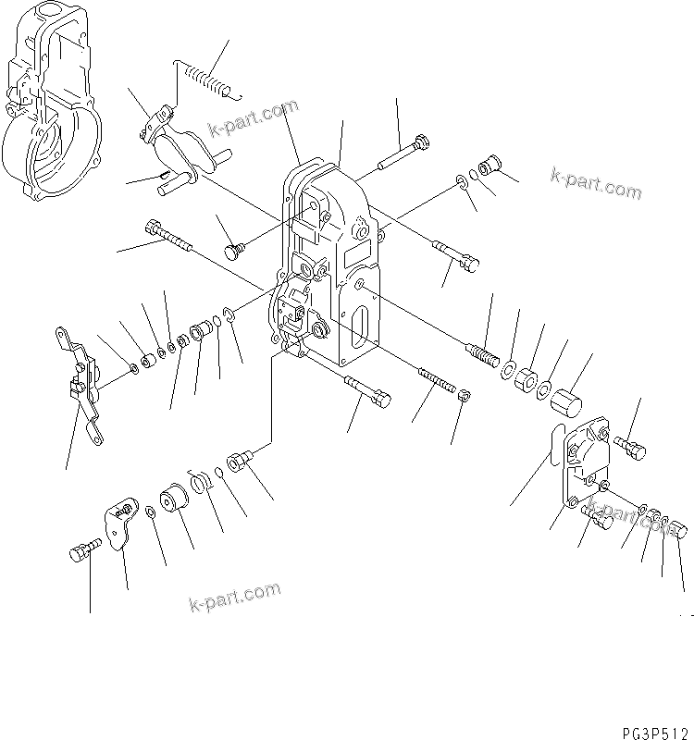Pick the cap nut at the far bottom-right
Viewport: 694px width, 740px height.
point(678,529)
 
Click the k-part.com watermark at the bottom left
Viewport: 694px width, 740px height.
point(234,597)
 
